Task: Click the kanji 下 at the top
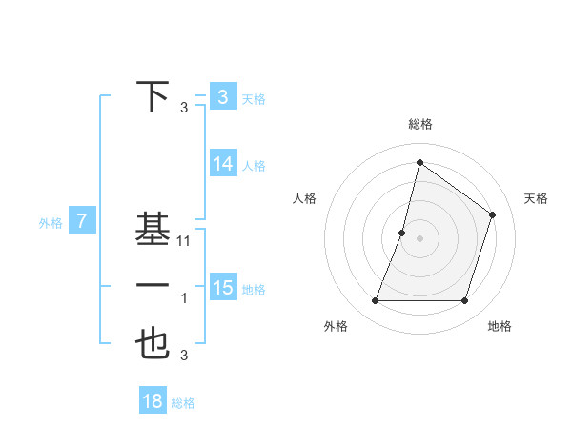153,97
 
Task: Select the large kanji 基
153,230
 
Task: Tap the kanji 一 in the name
153,287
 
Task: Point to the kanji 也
153,343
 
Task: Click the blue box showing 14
222,164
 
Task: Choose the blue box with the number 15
222,288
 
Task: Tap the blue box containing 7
82,222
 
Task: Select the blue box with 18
153,401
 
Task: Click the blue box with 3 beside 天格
222,97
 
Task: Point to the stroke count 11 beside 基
185,242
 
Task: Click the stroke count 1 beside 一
184,299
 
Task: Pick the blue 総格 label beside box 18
183,403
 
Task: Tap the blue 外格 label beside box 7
51,223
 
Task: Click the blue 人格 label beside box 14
254,166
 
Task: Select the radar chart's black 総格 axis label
419,124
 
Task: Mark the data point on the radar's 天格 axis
492,214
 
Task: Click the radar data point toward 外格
375,301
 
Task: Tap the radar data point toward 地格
464,301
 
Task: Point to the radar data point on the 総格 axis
419,163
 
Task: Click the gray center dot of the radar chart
419,238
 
